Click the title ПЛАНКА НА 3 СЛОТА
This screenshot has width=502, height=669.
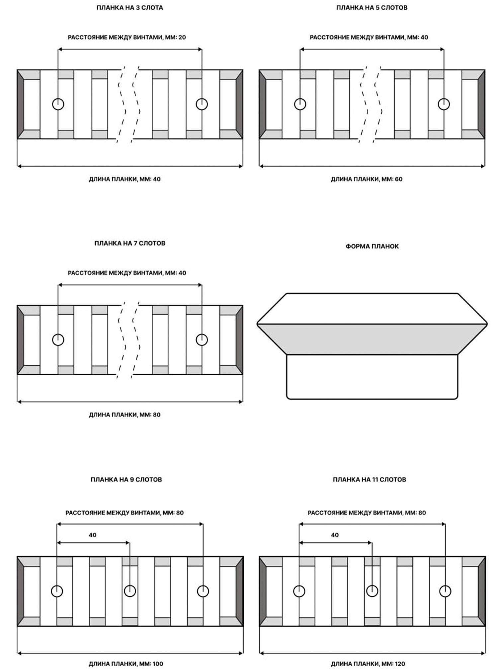[x=130, y=8]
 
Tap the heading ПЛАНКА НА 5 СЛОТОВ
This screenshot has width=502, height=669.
[x=372, y=8]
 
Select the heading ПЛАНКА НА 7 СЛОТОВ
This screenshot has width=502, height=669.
[x=130, y=243]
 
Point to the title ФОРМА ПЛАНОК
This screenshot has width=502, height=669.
[x=372, y=246]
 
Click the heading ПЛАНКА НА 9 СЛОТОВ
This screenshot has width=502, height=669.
[x=126, y=479]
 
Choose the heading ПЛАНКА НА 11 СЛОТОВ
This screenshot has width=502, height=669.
[x=370, y=479]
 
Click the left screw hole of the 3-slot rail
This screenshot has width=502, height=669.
[x=58, y=104]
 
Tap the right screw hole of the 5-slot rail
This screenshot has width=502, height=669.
[x=444, y=104]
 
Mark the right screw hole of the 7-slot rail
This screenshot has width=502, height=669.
[x=202, y=339]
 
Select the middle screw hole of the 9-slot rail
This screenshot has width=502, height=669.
[x=130, y=591]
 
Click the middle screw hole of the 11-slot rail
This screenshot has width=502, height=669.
[x=372, y=591]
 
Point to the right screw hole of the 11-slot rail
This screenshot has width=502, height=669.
[x=445, y=591]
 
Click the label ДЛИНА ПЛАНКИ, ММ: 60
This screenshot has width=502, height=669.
[x=367, y=179]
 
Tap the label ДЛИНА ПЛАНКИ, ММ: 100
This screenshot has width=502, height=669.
[x=126, y=664]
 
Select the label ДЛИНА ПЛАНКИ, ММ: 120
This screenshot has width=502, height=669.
[x=368, y=664]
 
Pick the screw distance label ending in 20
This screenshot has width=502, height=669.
[x=127, y=37]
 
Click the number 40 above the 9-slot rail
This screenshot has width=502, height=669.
[x=93, y=535]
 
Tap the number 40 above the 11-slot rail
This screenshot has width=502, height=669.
[x=335, y=535]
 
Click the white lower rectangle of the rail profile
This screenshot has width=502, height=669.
[x=372, y=377]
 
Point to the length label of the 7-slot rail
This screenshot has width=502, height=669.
[x=125, y=415]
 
